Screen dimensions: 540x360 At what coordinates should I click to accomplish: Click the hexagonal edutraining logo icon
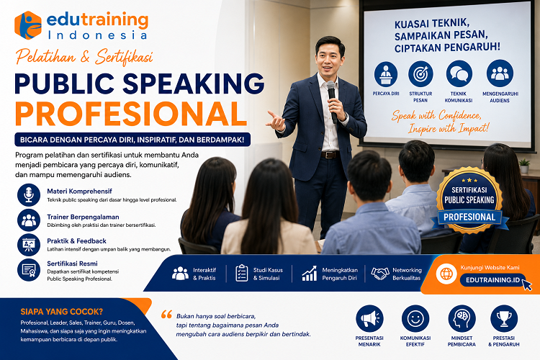pos(28,25)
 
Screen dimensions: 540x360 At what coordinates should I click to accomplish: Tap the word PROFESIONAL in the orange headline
pos(131,114)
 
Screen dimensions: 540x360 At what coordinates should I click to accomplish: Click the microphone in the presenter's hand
pos(332,102)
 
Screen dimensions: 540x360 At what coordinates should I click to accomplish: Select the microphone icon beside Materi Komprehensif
pos(29,195)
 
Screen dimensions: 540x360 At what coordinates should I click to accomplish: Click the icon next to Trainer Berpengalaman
pos(29,220)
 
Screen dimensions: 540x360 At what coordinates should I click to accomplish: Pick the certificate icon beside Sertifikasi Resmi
pos(29,270)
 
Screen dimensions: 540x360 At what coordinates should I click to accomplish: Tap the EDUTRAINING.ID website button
pos(492,280)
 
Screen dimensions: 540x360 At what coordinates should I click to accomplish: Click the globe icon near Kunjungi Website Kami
pos(446,274)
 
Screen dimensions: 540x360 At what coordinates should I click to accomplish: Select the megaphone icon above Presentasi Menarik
pos(369,319)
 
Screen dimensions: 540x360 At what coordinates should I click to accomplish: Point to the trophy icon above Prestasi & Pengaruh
pos(504,319)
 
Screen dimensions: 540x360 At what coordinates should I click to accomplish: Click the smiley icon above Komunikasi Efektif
pos(415,319)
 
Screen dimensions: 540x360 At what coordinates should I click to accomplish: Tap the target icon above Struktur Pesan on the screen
pos(420,74)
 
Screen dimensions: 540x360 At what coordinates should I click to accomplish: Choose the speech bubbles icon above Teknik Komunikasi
pos(459,74)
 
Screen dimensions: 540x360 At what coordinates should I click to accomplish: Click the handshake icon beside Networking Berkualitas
pos(380,274)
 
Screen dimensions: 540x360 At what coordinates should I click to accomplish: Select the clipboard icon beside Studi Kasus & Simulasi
pos(242,273)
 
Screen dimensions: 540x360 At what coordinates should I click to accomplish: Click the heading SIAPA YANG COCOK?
pos(62,312)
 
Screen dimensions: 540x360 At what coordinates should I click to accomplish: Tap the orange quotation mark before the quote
pos(167,314)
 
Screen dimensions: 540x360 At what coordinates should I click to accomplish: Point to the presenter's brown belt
pos(330,155)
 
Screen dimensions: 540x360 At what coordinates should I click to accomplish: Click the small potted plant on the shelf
pos(524,166)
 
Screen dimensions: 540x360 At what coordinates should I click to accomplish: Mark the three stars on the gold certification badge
pos(469,180)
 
